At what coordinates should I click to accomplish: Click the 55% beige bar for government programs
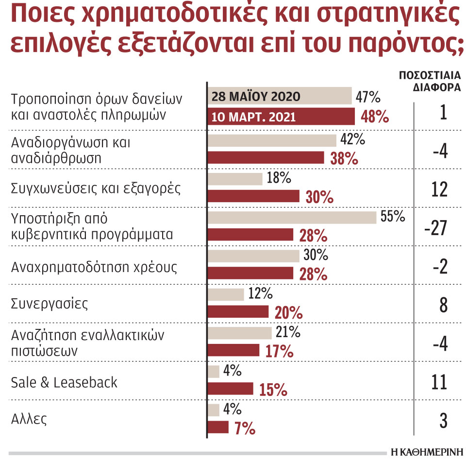(292, 217)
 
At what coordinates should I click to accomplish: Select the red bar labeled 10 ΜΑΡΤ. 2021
(281, 117)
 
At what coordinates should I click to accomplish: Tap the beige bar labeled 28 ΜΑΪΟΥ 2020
(280, 96)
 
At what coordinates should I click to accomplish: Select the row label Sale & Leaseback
(64, 382)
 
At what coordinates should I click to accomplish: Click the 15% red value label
(273, 390)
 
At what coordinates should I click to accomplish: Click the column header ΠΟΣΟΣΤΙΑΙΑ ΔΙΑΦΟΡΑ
(430, 82)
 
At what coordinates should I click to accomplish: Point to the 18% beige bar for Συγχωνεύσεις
(235, 179)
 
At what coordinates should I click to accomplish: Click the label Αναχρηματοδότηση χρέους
(94, 267)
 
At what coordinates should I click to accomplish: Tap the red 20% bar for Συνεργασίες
(238, 312)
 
